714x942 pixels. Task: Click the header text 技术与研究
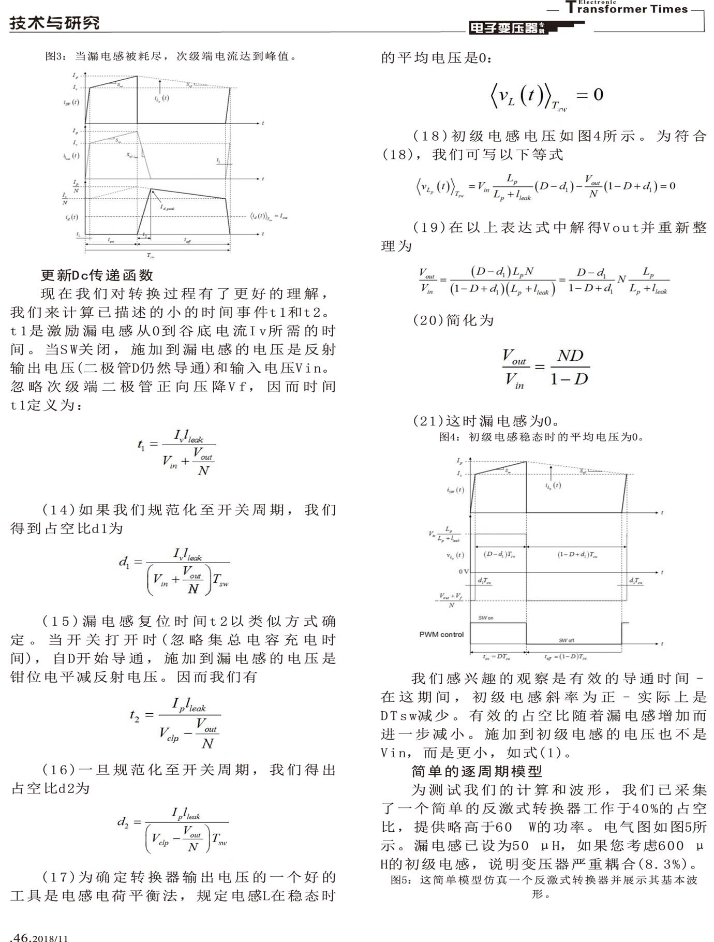pyautogui.click(x=54, y=23)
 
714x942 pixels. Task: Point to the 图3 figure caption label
pyautogui.click(x=55, y=56)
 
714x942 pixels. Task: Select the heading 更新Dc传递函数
pyautogui.click(x=97, y=275)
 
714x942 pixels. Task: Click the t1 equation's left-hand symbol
pyautogui.click(x=141, y=445)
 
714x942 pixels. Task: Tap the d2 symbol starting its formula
pyautogui.click(x=123, y=821)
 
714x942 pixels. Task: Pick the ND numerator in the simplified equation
pyautogui.click(x=570, y=356)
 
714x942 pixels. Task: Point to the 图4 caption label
pyautogui.click(x=449, y=437)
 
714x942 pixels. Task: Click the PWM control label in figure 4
pyautogui.click(x=441, y=635)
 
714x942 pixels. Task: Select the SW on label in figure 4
pyautogui.click(x=485, y=618)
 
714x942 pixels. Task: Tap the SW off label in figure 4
pyautogui.click(x=566, y=640)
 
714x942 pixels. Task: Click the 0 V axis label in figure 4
pyautogui.click(x=463, y=571)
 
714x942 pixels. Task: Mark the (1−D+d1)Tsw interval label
pyautogui.click(x=577, y=554)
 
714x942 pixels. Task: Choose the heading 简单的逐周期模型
pyautogui.click(x=477, y=771)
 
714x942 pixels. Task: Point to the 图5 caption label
pyautogui.click(x=400, y=880)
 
